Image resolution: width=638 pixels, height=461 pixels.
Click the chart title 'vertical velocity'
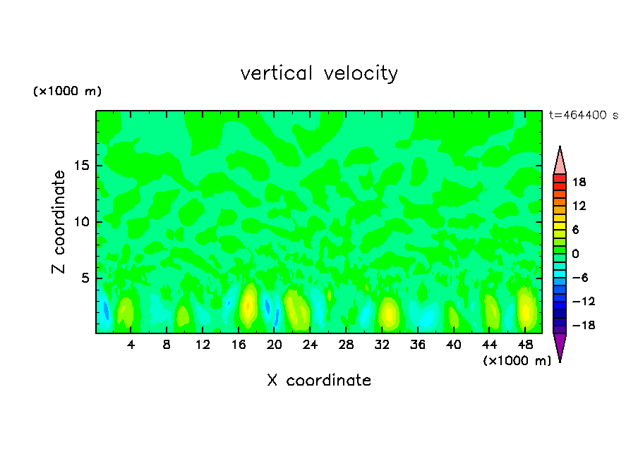click(x=319, y=73)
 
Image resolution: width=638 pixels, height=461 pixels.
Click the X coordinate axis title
click(x=319, y=381)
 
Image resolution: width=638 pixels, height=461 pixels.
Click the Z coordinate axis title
click(x=59, y=222)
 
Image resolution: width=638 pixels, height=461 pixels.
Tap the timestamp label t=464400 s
click(x=583, y=116)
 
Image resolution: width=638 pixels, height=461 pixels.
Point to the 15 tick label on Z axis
click(x=80, y=166)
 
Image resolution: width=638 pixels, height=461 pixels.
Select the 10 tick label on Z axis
click(x=80, y=222)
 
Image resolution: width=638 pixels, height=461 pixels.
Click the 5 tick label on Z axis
click(x=83, y=278)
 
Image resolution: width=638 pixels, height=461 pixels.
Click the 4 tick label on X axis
click(x=131, y=345)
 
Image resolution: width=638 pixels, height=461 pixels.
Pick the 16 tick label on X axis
click(x=239, y=345)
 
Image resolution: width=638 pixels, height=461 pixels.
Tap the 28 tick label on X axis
click(x=346, y=345)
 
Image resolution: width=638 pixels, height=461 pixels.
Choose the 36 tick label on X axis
click(x=418, y=345)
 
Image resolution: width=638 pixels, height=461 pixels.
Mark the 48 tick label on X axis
click(x=525, y=345)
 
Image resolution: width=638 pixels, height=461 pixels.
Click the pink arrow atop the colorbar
click(x=560, y=161)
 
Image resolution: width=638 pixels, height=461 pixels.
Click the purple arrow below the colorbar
click(x=560, y=346)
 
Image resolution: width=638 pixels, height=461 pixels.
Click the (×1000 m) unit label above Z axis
click(x=67, y=92)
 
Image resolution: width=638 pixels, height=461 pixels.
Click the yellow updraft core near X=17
click(x=248, y=305)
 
